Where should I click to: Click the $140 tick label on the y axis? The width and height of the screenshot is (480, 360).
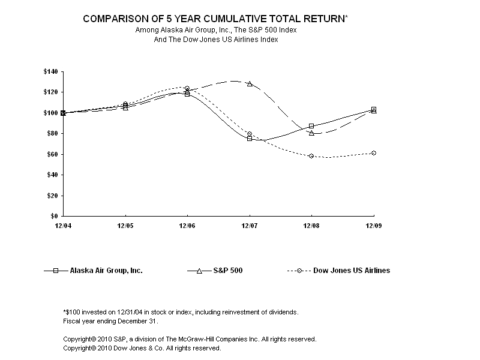tap(50, 72)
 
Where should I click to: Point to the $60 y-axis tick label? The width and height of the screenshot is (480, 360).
tap(52, 154)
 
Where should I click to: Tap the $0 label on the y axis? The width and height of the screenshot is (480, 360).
tap(54, 216)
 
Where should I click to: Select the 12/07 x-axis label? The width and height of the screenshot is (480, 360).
tap(250, 226)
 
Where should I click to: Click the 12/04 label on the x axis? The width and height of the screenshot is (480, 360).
tap(62, 226)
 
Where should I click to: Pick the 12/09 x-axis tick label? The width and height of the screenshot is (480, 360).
tap(374, 226)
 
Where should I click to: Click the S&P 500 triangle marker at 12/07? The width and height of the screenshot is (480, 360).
tap(250, 84)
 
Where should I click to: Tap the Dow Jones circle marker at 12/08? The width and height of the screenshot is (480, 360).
tap(311, 156)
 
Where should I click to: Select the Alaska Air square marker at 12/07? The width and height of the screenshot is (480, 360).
tap(250, 139)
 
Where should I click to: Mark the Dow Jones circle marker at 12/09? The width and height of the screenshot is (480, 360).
tap(374, 153)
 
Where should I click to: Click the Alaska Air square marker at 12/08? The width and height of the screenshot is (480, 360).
tap(311, 126)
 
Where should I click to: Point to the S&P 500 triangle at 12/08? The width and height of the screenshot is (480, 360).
tap(311, 133)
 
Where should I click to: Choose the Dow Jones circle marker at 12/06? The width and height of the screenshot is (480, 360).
tap(187, 88)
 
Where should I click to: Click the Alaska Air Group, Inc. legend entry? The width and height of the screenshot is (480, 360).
tap(106, 271)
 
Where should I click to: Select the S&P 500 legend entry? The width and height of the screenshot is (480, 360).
tap(227, 271)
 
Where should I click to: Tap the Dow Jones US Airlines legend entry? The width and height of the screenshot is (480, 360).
tap(352, 271)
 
